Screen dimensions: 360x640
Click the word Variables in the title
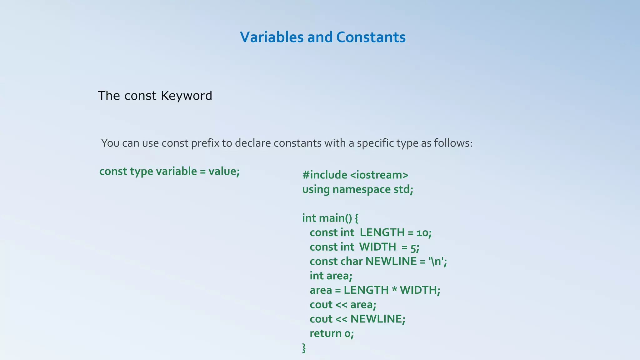coord(272,37)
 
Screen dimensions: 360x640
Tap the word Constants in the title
coord(371,37)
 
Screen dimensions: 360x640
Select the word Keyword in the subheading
coord(187,96)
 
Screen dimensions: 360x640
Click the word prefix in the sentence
coord(205,143)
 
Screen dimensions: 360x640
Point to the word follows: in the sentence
coord(453,143)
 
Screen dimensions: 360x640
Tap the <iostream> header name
coord(379,175)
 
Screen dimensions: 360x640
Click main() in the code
coord(336,218)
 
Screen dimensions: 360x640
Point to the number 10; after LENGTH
coord(424,233)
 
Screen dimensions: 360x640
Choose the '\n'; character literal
coord(438,261)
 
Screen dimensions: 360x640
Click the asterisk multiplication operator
coord(394,290)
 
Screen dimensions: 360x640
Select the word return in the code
coord(325,333)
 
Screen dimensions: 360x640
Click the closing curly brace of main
coord(304,348)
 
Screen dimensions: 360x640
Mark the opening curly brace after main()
coord(357,218)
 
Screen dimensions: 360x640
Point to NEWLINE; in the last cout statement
coord(377,319)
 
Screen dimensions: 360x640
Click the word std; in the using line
coord(403,189)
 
